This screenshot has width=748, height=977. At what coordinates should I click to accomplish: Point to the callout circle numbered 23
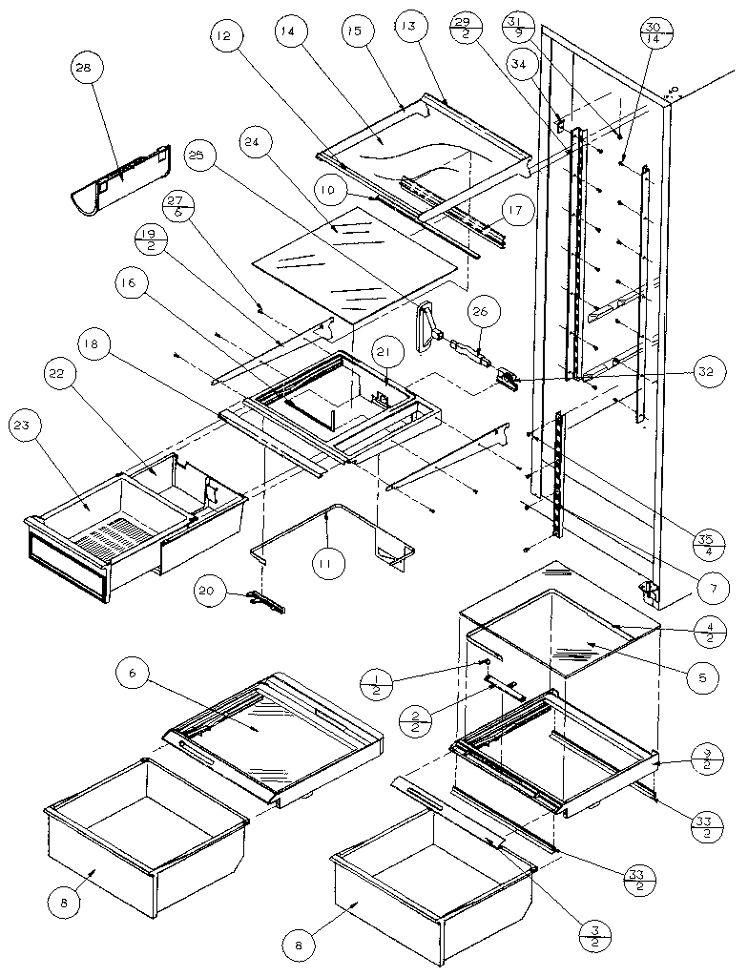[25, 426]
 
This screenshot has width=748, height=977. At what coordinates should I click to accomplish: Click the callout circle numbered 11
[327, 564]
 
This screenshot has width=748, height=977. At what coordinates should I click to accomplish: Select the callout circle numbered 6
[133, 676]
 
